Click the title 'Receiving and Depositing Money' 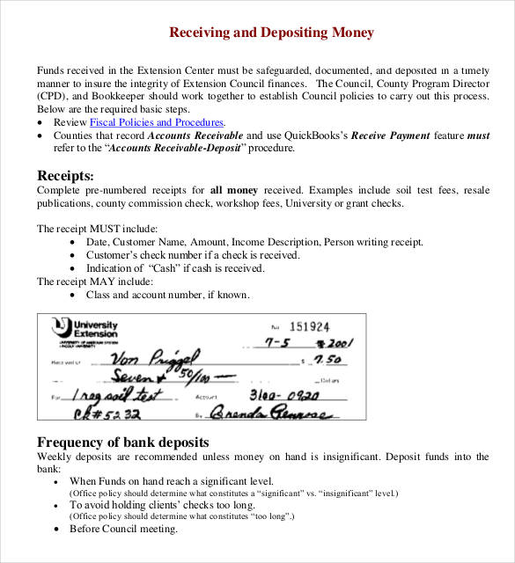271,33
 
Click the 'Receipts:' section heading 66,175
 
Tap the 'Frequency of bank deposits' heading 122,442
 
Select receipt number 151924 309,325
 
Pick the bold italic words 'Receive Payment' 394,135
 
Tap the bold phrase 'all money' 233,190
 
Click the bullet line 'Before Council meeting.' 123,529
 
